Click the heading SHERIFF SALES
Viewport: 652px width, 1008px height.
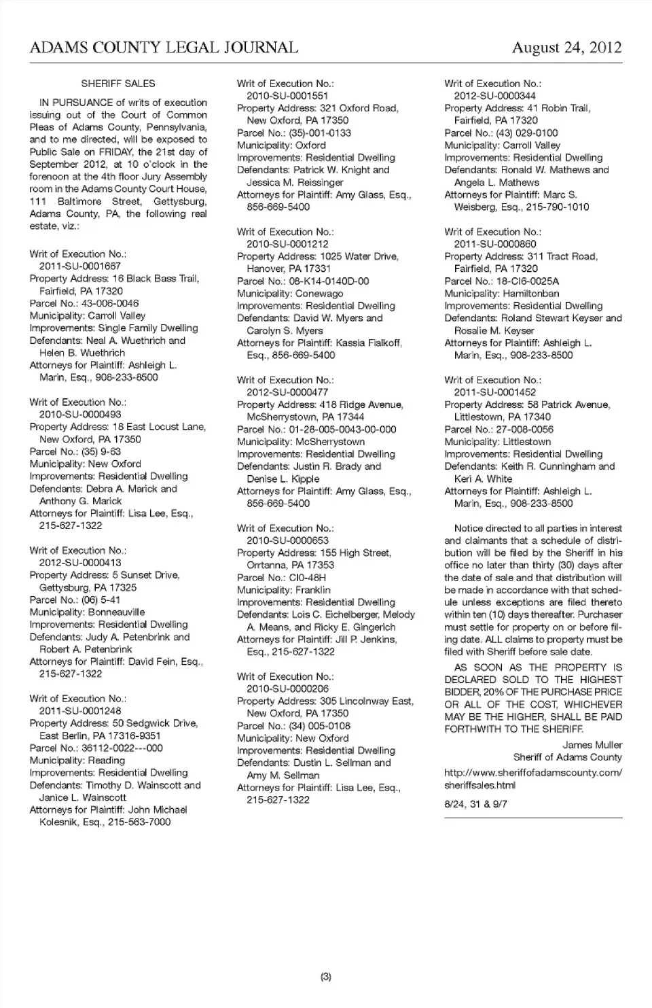(x=117, y=84)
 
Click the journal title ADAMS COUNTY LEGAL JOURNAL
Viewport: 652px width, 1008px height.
(x=164, y=47)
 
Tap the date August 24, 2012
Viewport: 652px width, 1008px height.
(x=566, y=47)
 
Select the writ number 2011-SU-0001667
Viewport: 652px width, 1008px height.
(x=79, y=266)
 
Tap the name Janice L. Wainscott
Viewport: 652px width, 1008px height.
(x=83, y=797)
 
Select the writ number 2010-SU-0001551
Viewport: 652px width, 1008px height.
(x=287, y=96)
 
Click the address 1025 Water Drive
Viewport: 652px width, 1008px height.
(x=359, y=256)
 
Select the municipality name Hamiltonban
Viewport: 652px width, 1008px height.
(x=531, y=294)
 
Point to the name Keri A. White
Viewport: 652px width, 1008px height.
(x=483, y=479)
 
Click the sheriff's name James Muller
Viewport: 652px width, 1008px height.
(x=592, y=745)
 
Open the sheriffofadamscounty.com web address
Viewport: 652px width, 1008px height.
(x=532, y=778)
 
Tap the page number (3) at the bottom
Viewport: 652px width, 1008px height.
(x=326, y=977)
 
